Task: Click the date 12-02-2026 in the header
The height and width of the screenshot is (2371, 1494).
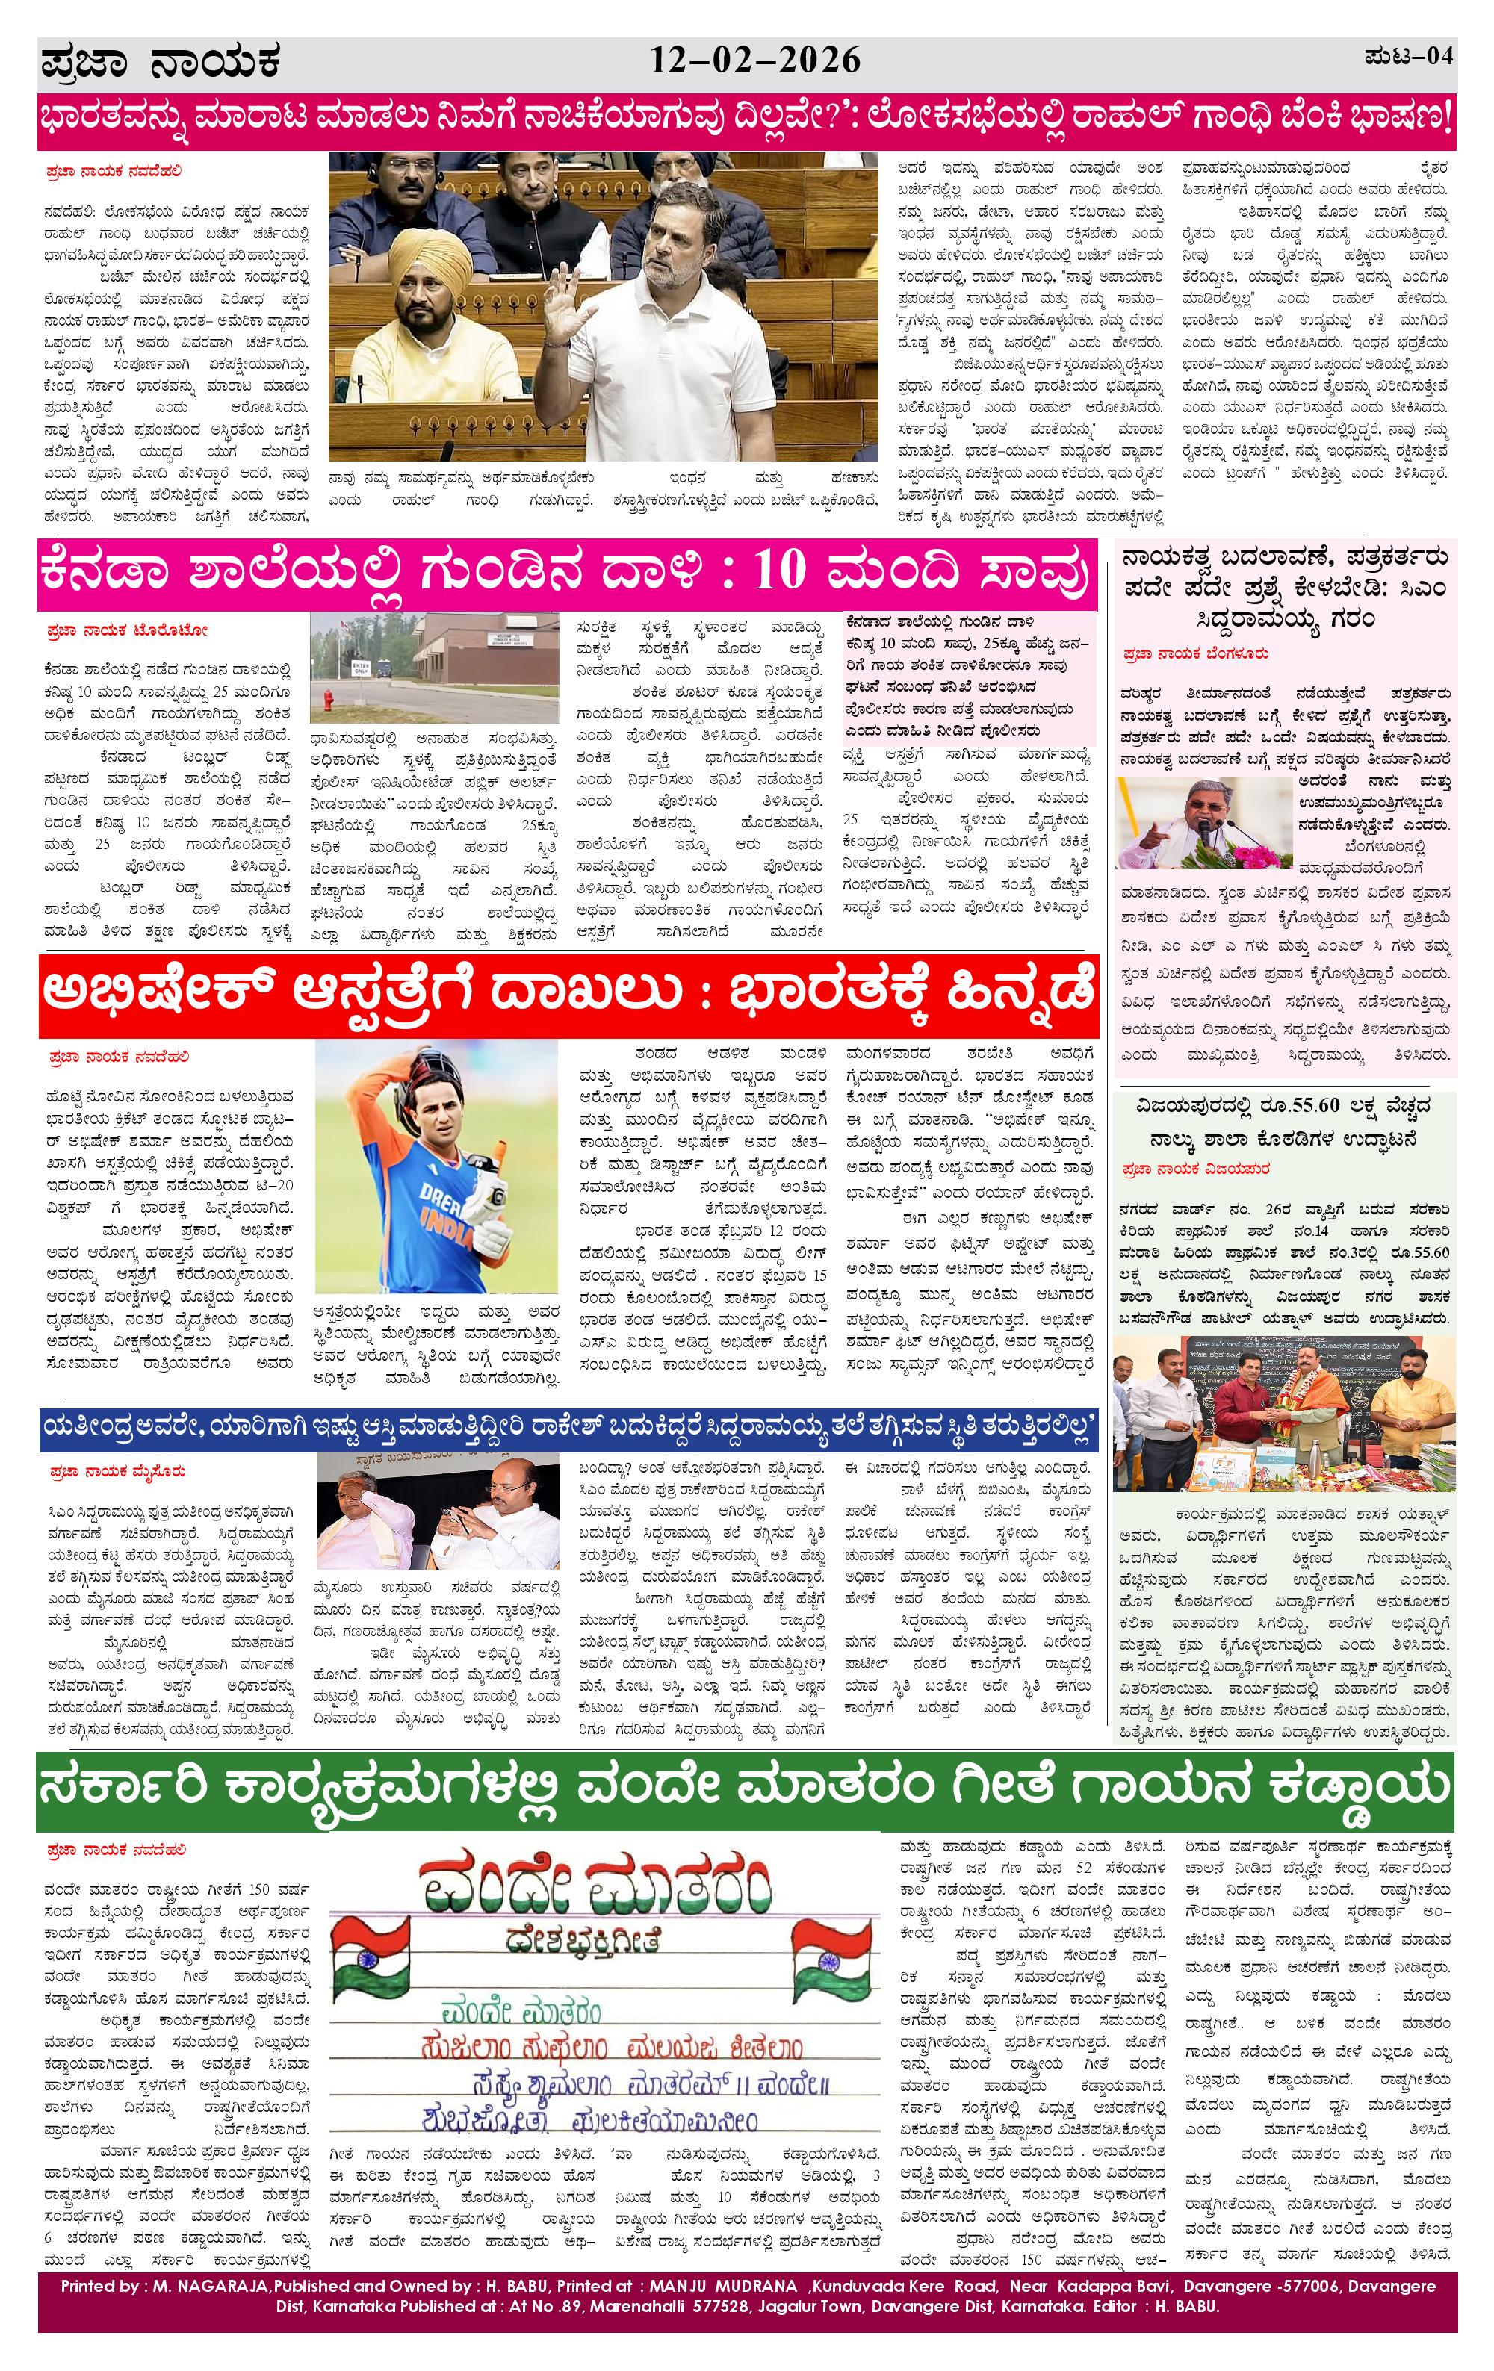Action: tap(754, 61)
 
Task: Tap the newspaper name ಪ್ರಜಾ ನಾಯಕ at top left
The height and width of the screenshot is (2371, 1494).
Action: tap(161, 63)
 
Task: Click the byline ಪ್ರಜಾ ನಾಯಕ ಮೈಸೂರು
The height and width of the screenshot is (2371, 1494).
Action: tap(118, 1472)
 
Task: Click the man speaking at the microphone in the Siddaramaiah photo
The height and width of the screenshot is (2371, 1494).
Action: tap(1181, 815)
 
